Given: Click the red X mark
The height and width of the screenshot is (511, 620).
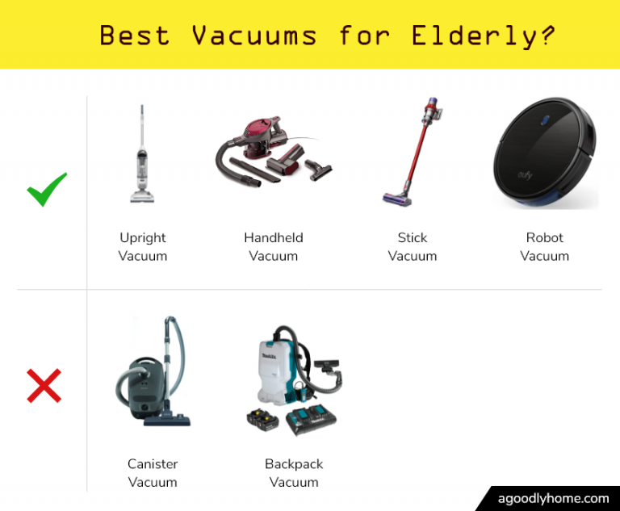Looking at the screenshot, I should [x=44, y=386].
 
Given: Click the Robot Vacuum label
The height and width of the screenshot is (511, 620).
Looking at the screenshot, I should [x=544, y=247].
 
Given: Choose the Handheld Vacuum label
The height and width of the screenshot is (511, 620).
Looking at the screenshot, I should [x=274, y=247].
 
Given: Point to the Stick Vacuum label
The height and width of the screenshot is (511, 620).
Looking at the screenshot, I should [x=413, y=247].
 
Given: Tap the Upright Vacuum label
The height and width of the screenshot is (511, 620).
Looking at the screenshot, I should [x=143, y=247].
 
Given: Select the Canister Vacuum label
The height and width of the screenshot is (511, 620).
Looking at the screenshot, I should [x=153, y=473].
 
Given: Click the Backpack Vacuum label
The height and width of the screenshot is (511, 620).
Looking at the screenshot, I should [x=294, y=473].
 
